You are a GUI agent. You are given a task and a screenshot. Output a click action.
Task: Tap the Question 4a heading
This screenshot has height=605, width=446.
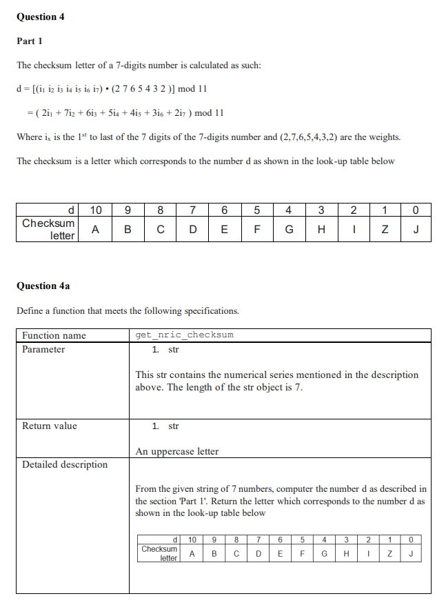pyautogui.click(x=43, y=286)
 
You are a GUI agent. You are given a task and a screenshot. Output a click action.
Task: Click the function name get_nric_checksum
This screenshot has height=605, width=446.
pyautogui.click(x=184, y=335)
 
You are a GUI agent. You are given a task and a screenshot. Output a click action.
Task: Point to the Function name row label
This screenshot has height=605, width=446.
pyautogui.click(x=54, y=336)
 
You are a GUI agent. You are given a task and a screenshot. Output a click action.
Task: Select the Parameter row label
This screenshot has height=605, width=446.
pyautogui.click(x=43, y=350)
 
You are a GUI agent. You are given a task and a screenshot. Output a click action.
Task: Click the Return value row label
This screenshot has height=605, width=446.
pyautogui.click(x=50, y=426)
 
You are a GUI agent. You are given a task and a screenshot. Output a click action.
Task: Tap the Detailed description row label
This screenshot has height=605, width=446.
pyautogui.click(x=65, y=465)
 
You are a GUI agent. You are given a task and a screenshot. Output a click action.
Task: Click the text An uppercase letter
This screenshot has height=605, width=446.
pyautogui.click(x=177, y=452)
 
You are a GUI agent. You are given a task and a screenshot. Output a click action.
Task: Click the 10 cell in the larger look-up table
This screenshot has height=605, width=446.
pyautogui.click(x=97, y=210)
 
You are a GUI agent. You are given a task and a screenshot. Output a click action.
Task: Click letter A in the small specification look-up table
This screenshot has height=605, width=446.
pyautogui.click(x=192, y=553)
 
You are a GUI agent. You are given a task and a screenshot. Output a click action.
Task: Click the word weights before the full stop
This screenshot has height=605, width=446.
pyautogui.click(x=384, y=137)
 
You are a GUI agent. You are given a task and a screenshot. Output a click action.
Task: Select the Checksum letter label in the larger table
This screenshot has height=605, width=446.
pyautogui.click(x=48, y=230)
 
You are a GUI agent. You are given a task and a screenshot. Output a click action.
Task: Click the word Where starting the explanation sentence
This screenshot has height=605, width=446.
pyautogui.click(x=30, y=137)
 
